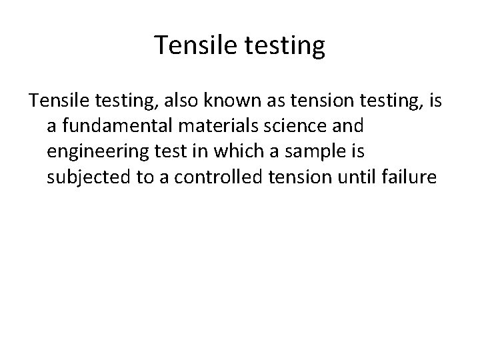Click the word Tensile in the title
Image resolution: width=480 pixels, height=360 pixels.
[x=189, y=46]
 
